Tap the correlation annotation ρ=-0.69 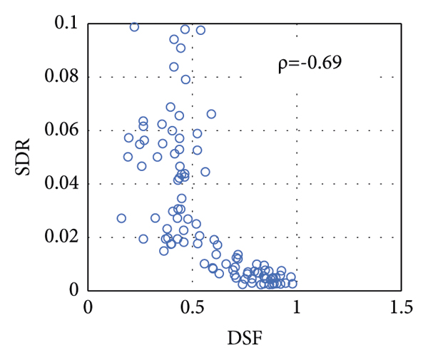coord(310,63)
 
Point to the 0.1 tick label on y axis coord(68,24)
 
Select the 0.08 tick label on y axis coord(63,77)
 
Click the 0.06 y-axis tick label coord(63,130)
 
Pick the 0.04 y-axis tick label coord(63,184)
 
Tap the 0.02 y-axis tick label coord(63,237)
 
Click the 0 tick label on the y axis coord(73,290)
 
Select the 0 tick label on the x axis coord(88,308)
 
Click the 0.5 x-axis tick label coord(192,308)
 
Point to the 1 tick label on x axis coord(297,308)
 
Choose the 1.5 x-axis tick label coord(401,308)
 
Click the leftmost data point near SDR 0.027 coord(121,218)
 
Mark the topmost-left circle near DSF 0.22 coord(134,27)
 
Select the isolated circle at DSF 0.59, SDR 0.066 coord(211,114)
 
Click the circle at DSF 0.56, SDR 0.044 coord(205,172)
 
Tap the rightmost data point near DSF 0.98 coord(292,284)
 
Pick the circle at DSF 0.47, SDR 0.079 coord(185,79)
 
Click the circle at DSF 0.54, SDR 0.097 coord(200,30)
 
